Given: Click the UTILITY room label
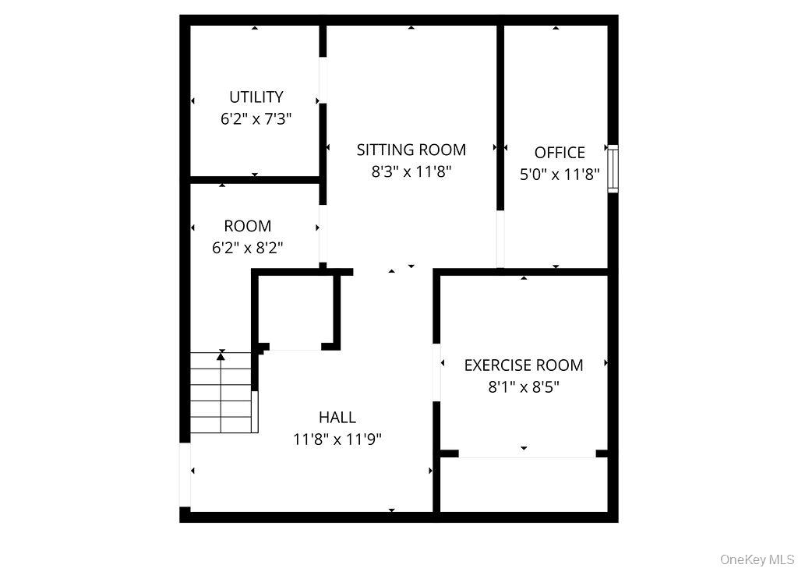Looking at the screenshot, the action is coord(256,97).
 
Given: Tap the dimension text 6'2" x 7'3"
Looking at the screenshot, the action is coord(256,119).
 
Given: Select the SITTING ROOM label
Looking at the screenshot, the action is coord(411,150).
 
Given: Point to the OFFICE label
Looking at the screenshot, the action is coord(560,153).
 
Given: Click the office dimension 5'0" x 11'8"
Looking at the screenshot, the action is coord(560,175).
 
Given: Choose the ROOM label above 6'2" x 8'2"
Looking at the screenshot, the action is coord(248,225).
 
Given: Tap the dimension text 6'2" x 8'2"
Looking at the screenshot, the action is coord(247,248).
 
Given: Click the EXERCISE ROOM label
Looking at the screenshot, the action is coord(524,365).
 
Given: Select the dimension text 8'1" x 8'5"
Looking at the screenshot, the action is coord(524,387).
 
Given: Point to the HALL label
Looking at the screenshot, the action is coord(337,418).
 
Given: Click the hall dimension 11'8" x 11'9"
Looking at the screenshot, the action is coord(337,439).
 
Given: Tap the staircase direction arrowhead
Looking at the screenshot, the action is coord(221,356).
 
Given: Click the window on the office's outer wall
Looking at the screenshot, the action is coord(613,168).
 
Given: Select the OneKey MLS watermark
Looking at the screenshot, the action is coord(757,559).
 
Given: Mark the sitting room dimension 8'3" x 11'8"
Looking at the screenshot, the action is coord(411,172).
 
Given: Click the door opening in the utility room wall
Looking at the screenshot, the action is coord(323,80).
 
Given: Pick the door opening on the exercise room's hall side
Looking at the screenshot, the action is coord(436,372).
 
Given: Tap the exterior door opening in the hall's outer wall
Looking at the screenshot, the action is coord(185,475).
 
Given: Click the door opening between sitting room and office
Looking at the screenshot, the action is coord(500,238).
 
